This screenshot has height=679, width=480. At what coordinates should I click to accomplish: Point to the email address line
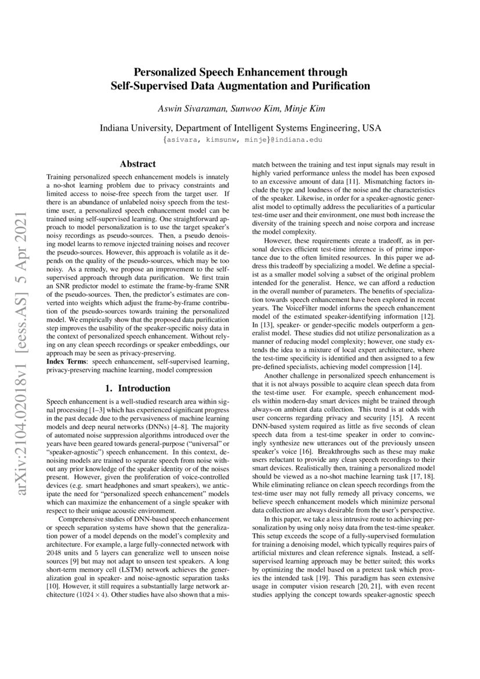click(x=240, y=140)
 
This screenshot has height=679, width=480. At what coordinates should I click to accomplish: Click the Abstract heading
click(x=138, y=164)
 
